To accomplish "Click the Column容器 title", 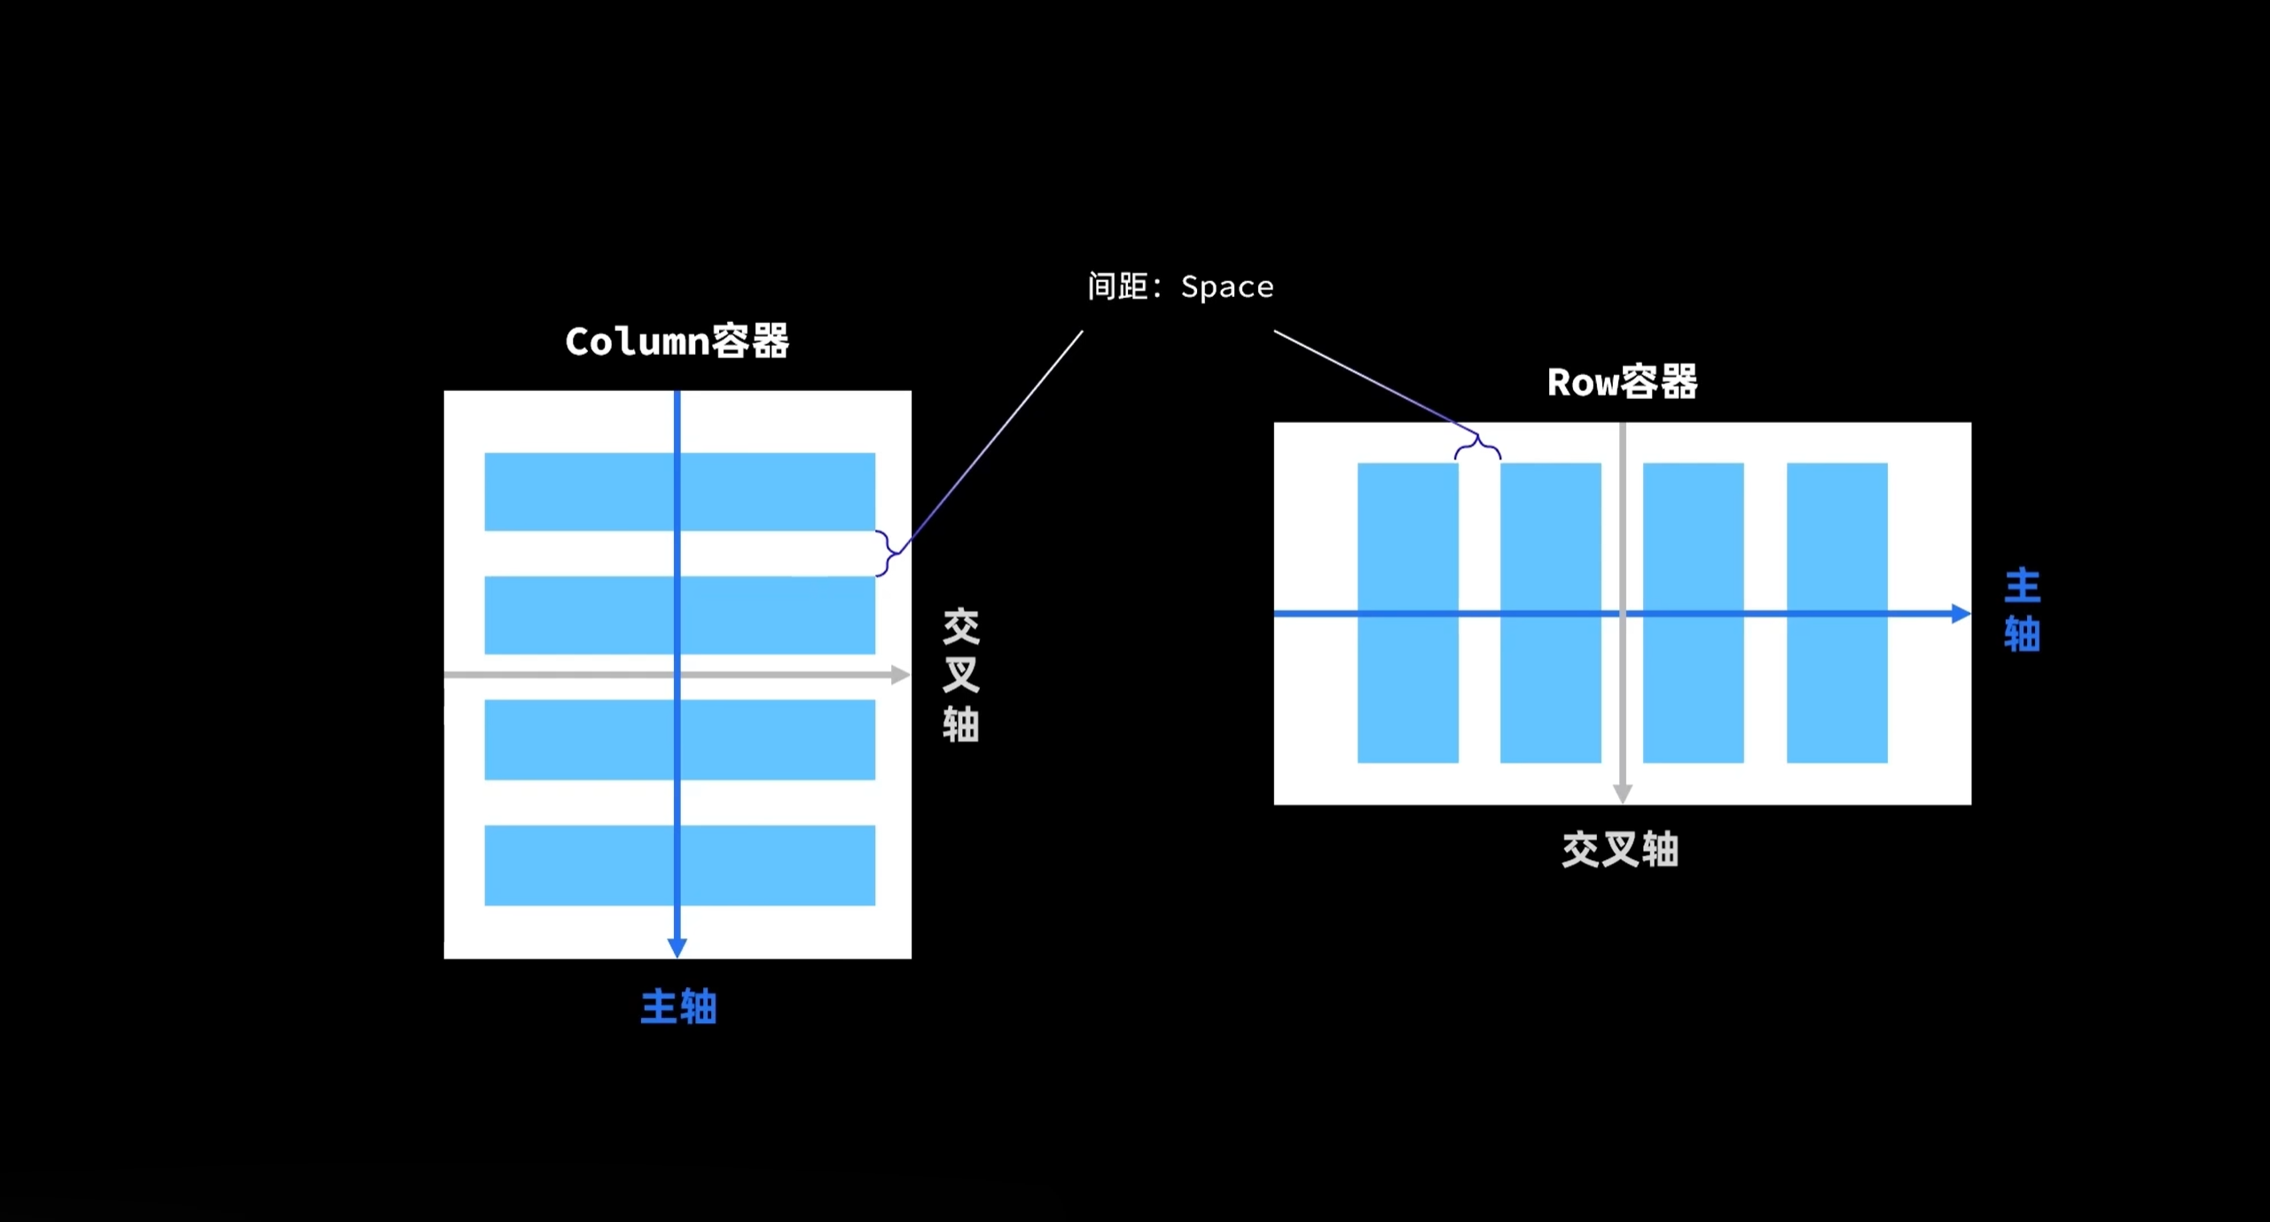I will point(677,341).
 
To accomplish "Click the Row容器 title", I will point(1622,382).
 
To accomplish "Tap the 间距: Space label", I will point(1180,286).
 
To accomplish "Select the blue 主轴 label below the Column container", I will point(678,1007).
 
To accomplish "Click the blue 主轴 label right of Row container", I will point(2022,610).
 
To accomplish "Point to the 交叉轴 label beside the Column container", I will point(960,674).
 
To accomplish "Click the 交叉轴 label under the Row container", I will point(1620,849).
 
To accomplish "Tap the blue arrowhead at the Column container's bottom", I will point(677,947).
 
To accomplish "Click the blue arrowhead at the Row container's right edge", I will point(1961,614).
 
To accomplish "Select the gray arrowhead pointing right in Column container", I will point(900,675).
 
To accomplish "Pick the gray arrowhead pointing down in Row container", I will point(1623,794).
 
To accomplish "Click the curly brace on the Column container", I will point(886,553).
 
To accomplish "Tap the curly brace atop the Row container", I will point(1477,446).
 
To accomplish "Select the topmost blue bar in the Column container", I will point(585,491).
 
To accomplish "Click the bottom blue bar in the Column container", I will point(585,865).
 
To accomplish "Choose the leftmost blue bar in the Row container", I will point(1407,550).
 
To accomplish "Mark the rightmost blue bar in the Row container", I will point(1836,550).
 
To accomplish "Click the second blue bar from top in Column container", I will point(585,615).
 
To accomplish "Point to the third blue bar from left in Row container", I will point(1693,550).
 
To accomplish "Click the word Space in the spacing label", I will point(1227,287).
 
